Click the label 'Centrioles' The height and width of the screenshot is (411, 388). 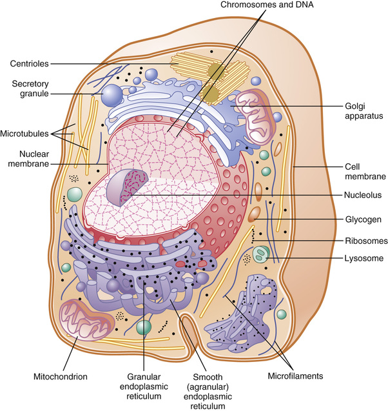point(29,64)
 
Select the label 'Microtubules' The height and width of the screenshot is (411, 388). point(24,134)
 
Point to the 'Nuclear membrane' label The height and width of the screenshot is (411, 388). point(28,159)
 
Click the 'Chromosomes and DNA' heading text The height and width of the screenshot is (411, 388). point(267,5)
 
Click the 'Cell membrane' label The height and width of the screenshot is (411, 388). point(365,172)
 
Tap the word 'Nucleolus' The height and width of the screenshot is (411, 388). point(363,195)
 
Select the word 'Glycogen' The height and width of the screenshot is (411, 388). point(363,219)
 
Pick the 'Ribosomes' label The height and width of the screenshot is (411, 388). point(366,241)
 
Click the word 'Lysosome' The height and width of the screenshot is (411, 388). point(364,258)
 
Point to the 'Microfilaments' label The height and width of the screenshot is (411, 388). point(295,376)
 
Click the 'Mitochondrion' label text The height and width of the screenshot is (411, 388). point(60,377)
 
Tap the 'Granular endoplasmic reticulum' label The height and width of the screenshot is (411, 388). point(144,386)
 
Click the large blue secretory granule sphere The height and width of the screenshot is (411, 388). point(112,95)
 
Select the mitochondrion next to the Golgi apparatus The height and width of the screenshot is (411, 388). point(255,116)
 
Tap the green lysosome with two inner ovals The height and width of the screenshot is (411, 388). point(261,254)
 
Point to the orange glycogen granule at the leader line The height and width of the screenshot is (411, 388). point(255,214)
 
